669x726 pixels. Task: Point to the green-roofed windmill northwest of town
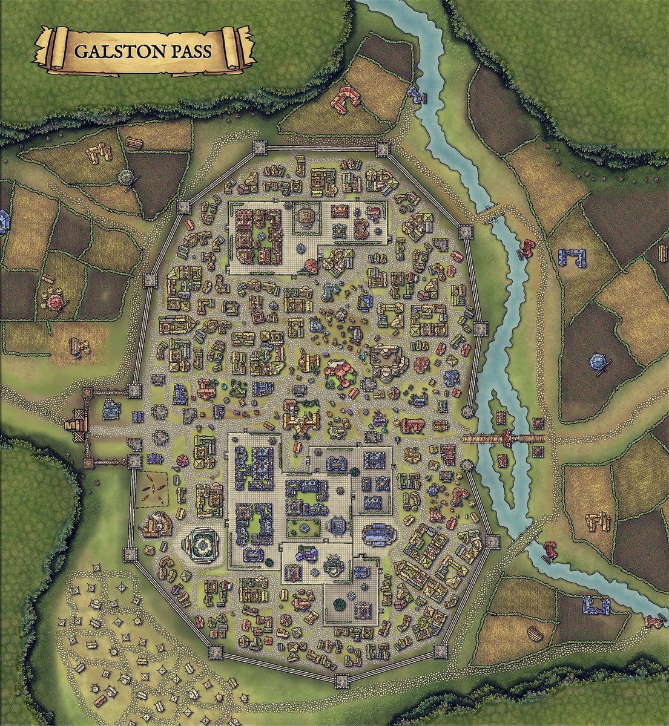tap(127, 178)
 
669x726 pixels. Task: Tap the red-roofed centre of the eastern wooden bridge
tap(504, 438)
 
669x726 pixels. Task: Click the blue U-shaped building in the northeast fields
tap(573, 257)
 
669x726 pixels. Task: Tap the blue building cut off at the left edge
tap(3, 221)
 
